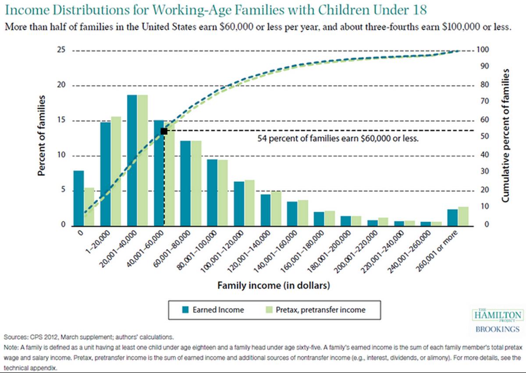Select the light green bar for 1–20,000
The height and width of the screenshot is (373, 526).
click(116, 171)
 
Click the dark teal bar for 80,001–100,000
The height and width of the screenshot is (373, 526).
click(212, 192)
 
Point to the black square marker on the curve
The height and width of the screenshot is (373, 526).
click(164, 131)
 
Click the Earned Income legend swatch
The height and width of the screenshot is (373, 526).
click(185, 310)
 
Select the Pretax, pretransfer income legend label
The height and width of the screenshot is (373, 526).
click(320, 310)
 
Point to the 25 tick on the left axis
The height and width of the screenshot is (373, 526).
click(61, 50)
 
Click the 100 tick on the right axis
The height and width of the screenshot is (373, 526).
click(483, 50)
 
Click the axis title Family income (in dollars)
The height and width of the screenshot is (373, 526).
click(273, 285)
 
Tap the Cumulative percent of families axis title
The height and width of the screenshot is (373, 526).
click(505, 135)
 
